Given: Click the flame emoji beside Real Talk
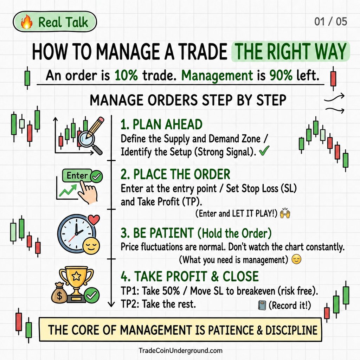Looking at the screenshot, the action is pyautogui.click(x=27, y=22).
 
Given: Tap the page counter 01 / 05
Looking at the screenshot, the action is pyautogui.click(x=330, y=21).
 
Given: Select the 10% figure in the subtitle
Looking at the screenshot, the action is pyautogui.click(x=126, y=75).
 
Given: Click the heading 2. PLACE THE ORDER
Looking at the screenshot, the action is pyautogui.click(x=175, y=174).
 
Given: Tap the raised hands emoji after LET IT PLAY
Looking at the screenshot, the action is pyautogui.click(x=285, y=213).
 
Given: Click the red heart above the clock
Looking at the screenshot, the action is pyautogui.click(x=94, y=220).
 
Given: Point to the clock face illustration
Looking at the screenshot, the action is pyautogui.click(x=76, y=234).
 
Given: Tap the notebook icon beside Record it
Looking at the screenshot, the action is pyautogui.click(x=262, y=306).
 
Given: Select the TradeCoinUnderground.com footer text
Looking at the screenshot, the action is pyautogui.click(x=180, y=351).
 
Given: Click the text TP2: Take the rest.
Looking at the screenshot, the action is pyautogui.click(x=158, y=304).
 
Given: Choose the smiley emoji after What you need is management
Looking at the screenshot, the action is pyautogui.click(x=296, y=260).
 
